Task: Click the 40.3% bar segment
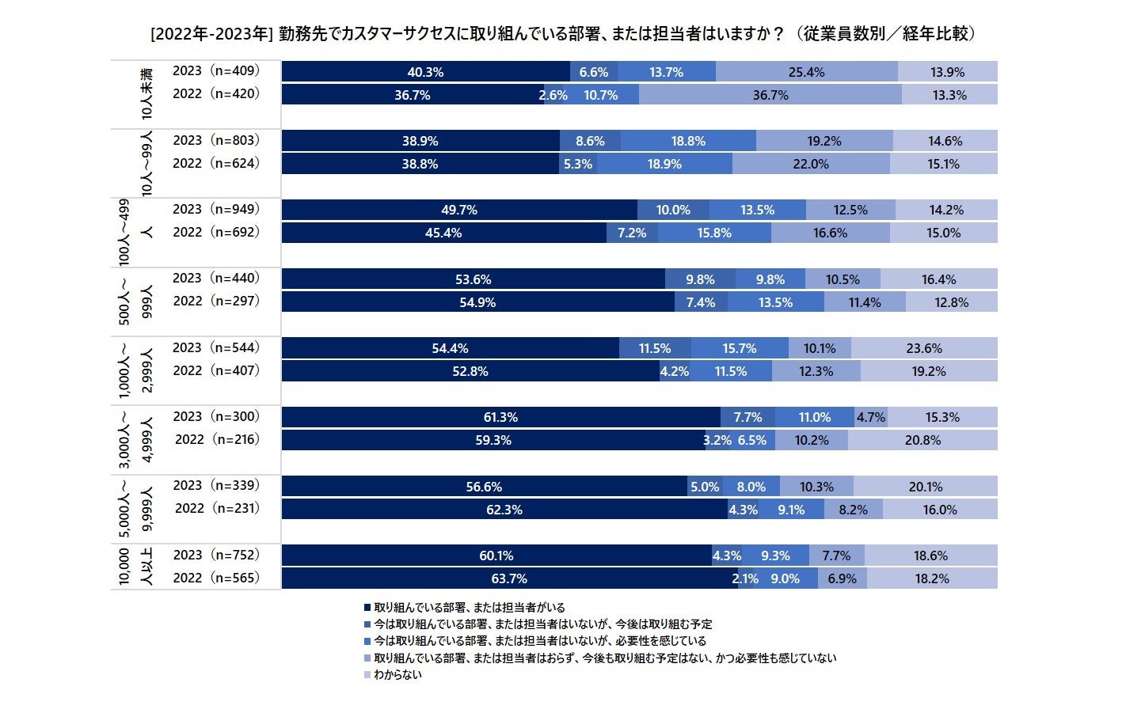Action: [425, 72]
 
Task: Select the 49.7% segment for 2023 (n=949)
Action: [459, 210]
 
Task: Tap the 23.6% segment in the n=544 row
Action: [924, 348]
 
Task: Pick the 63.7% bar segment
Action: [509, 578]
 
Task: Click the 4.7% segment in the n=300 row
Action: [870, 417]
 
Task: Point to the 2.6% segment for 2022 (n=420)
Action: [553, 95]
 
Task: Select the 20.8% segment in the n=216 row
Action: [922, 440]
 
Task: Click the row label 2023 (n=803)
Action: [215, 140]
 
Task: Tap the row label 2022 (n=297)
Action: [215, 301]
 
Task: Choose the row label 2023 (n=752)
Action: [215, 555]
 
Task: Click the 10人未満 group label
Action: [146, 93]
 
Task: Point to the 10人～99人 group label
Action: [146, 163]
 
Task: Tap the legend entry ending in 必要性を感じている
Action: [539, 641]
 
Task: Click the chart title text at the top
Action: [562, 33]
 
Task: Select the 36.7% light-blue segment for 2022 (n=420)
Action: [770, 95]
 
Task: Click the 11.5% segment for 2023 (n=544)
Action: [655, 348]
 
